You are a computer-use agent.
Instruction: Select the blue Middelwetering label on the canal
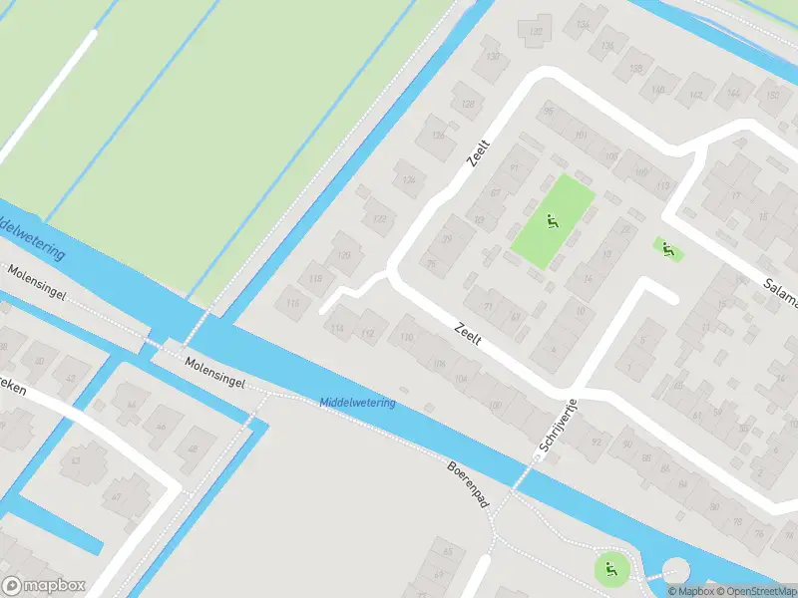click(x=357, y=403)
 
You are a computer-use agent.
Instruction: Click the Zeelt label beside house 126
click(x=480, y=151)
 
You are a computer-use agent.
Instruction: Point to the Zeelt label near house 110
click(x=467, y=333)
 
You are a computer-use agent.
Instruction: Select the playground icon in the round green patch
click(x=609, y=569)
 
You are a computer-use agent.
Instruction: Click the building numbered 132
click(x=537, y=31)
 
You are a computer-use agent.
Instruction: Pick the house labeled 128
click(x=466, y=102)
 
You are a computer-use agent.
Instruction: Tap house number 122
click(x=378, y=217)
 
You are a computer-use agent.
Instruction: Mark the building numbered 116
click(x=291, y=303)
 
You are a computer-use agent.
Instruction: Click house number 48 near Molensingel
click(x=196, y=442)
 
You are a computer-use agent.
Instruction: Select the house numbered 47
click(x=116, y=496)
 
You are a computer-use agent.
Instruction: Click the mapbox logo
click(x=44, y=586)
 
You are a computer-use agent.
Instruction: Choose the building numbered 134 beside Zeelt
click(x=406, y=179)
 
